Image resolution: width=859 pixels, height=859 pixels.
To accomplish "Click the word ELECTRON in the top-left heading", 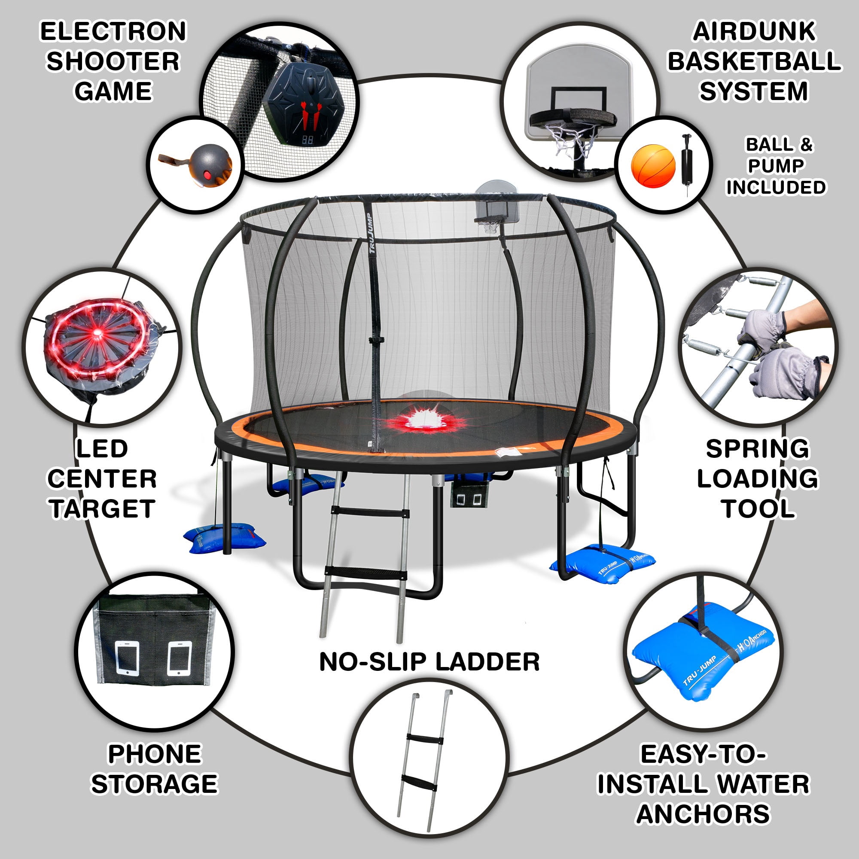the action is pos(113,32).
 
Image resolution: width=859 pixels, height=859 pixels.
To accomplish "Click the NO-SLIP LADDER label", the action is pos(429,662).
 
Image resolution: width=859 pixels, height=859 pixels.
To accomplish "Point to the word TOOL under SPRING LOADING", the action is pos(758,509).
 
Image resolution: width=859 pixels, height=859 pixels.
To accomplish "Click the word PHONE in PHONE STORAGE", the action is pos(155,754).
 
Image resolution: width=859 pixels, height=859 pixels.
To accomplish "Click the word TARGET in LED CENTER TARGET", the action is pos(102,509).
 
